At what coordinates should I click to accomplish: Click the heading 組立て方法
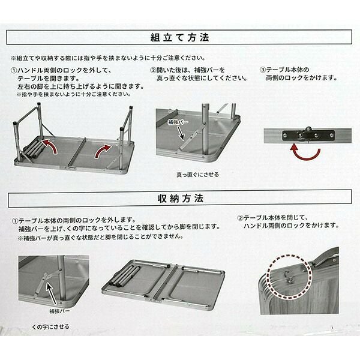[180, 37]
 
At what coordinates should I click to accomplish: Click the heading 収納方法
[181, 199]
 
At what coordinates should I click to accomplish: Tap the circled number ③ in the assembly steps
[262, 70]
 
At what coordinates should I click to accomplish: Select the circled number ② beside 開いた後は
[153, 70]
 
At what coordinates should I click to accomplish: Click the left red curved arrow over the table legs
[51, 145]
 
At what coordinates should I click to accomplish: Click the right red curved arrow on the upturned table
[102, 151]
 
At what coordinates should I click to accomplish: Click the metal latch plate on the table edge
[308, 136]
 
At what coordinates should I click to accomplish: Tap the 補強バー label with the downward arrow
[178, 122]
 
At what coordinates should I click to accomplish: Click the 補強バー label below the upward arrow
[59, 311]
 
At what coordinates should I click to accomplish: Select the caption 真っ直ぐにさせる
[197, 175]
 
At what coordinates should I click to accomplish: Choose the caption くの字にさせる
[51, 327]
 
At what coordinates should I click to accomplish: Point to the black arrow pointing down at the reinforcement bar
[181, 133]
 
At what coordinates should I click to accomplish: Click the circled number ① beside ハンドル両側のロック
[14, 70]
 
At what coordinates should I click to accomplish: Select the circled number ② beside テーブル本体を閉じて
[240, 218]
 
